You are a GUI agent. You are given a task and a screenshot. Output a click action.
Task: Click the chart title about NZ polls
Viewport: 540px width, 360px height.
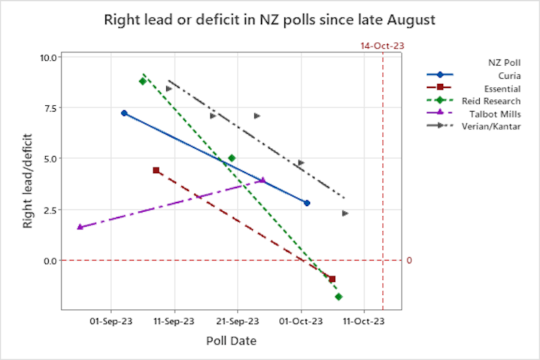coord(270,19)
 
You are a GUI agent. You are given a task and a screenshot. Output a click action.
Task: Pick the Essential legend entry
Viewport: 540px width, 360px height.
coord(481,88)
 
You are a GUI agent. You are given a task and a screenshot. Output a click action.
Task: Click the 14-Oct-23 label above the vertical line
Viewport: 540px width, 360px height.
coord(382,45)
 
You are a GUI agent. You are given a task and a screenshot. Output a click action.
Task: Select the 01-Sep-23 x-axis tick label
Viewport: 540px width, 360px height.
coord(111,322)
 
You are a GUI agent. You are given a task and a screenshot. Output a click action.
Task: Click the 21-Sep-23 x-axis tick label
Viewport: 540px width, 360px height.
coord(238,322)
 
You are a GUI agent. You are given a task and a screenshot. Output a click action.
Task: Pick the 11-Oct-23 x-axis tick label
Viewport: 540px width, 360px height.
coord(364,322)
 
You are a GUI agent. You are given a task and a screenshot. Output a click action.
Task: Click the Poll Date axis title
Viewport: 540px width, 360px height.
coord(231,341)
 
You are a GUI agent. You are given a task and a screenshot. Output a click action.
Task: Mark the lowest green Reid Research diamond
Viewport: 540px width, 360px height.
coord(339,296)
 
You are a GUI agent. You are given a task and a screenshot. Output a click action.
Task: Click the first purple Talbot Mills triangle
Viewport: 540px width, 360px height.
coord(79,227)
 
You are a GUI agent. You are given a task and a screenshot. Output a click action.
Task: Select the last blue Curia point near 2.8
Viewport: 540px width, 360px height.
coord(307,203)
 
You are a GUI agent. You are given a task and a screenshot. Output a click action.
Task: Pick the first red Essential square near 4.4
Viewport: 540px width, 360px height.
coord(156,170)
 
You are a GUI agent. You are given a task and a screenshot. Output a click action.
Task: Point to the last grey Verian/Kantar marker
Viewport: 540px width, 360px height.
coord(344,213)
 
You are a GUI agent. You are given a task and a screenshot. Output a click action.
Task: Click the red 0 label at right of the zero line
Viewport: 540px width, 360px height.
coord(409,261)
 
